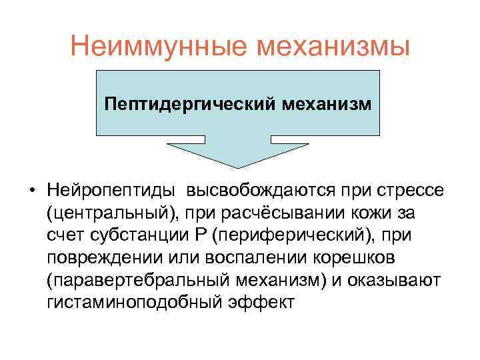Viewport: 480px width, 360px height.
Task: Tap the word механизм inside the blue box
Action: [x=326, y=105]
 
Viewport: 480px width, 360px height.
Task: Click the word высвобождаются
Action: [x=253, y=191]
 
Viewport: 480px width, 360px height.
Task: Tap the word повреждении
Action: [x=107, y=258]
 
